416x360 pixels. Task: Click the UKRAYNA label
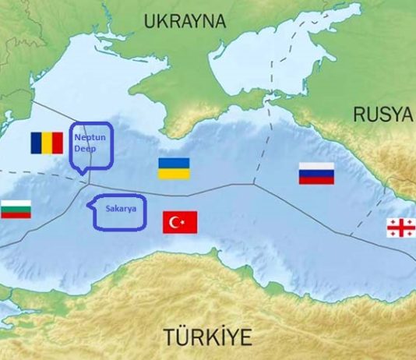pyautogui.click(x=185, y=21)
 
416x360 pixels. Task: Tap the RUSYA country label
pyautogui.click(x=383, y=115)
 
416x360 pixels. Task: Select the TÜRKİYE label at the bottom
pyautogui.click(x=208, y=337)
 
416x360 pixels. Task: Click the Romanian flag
pyautogui.click(x=47, y=143)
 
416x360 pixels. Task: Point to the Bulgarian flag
pyautogui.click(x=16, y=209)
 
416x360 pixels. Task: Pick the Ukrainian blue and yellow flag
pyautogui.click(x=174, y=168)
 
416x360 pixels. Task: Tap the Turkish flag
pyautogui.click(x=180, y=223)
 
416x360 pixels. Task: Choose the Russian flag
pyautogui.click(x=316, y=173)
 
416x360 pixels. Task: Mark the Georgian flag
pyautogui.click(x=401, y=228)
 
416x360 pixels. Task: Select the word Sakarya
pyautogui.click(x=119, y=209)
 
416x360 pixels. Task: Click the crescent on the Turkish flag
pyautogui.click(x=177, y=223)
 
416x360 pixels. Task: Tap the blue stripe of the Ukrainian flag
pyautogui.click(x=174, y=163)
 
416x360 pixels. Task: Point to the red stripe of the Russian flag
pyautogui.click(x=316, y=180)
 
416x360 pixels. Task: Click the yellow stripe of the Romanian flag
pyautogui.click(x=47, y=143)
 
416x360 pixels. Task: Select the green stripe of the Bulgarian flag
pyautogui.click(x=16, y=209)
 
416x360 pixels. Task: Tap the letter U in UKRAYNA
pyautogui.click(x=150, y=21)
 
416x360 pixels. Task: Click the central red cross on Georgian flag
pyautogui.click(x=401, y=228)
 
